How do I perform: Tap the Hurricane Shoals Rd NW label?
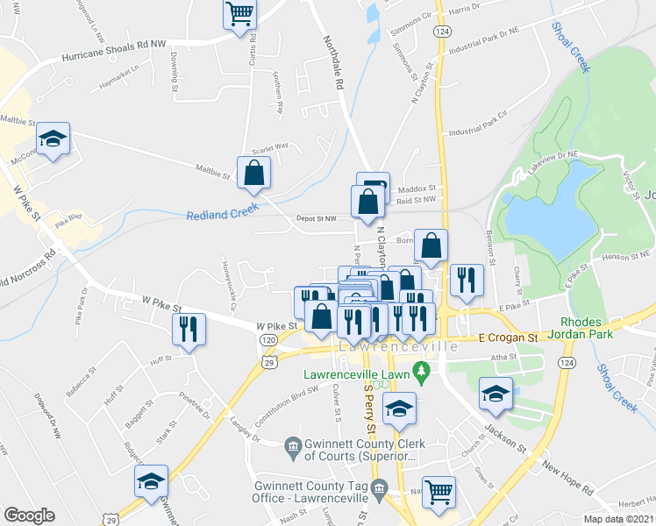click(x=113, y=50)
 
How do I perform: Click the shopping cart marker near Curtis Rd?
click(x=239, y=15)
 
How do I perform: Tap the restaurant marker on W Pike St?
click(x=188, y=329)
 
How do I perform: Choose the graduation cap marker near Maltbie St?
click(x=53, y=139)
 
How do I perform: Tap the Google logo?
click(x=29, y=515)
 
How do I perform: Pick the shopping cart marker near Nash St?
click(x=438, y=491)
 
